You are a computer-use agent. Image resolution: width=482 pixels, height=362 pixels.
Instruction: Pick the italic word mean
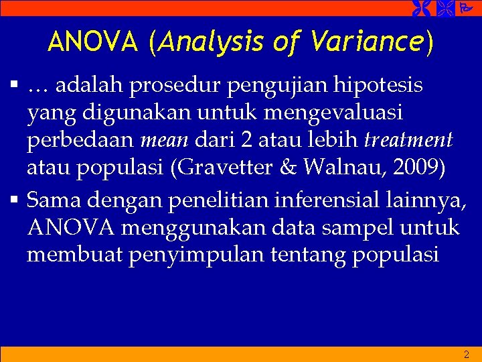coord(163,141)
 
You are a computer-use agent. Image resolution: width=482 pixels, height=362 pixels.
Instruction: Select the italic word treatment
coord(408,141)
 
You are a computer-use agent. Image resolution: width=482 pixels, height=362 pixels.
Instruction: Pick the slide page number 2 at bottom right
coord(467,355)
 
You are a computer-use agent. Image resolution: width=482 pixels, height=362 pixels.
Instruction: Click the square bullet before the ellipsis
coord(13,85)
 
